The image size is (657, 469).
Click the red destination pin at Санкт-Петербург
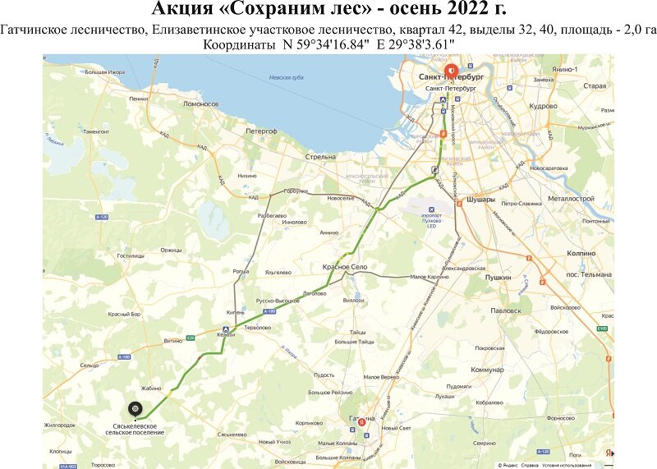tap(450, 71)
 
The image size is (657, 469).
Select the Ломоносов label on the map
tap(200, 104)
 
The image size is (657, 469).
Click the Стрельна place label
tap(319, 156)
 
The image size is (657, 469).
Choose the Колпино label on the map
tap(581, 254)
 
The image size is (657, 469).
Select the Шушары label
tap(480, 199)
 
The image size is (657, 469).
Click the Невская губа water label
tap(287, 78)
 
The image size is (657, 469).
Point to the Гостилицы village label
tap(131, 255)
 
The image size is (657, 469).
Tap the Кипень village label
tap(237, 312)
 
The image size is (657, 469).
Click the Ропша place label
tap(241, 271)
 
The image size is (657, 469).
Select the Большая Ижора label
tap(103, 72)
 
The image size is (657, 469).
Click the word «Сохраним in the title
tap(261, 11)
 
